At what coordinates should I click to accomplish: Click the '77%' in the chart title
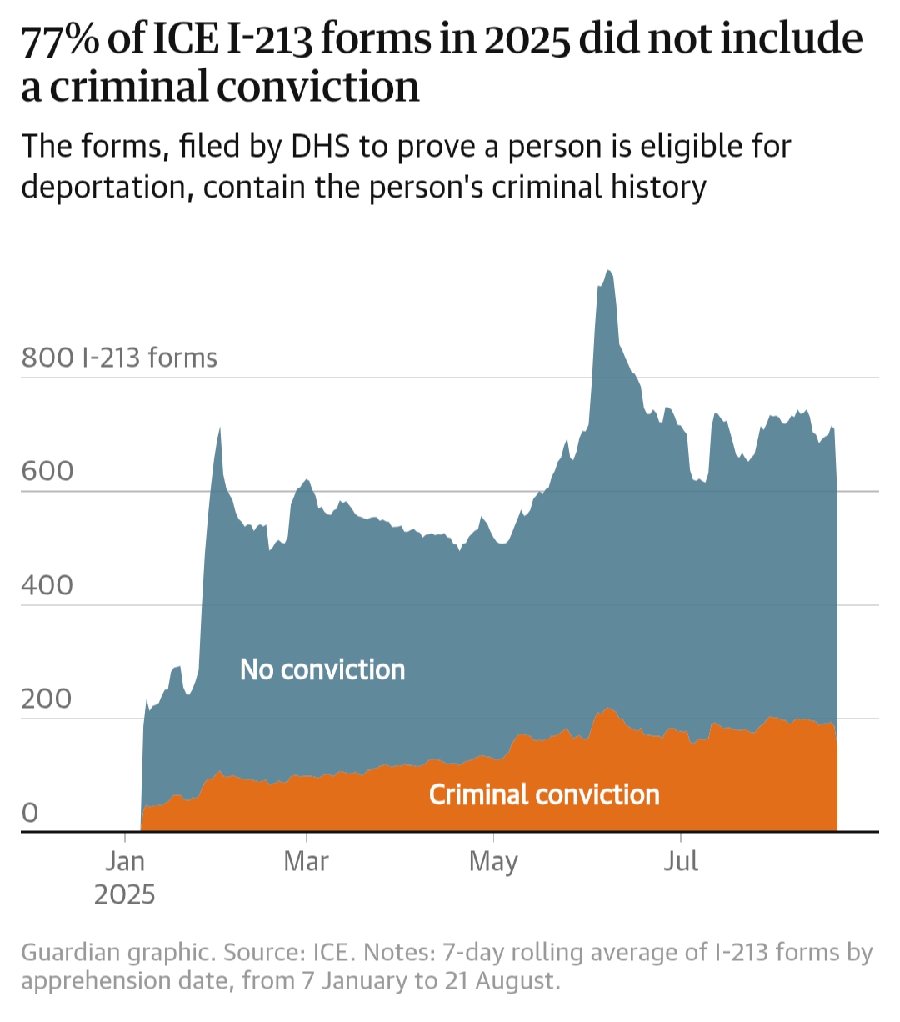click(58, 40)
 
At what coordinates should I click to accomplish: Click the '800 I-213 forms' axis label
click(119, 358)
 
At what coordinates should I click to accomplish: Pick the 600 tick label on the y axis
click(47, 471)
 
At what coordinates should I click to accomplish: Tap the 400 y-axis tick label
click(47, 584)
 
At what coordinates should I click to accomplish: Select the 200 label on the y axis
click(47, 699)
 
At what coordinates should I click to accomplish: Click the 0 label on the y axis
click(30, 812)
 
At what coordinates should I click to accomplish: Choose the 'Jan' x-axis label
click(125, 860)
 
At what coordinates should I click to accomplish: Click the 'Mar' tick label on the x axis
click(306, 860)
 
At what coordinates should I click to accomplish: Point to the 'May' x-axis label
click(493, 860)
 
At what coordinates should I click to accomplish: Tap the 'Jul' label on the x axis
click(681, 860)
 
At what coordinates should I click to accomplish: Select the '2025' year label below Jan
click(125, 894)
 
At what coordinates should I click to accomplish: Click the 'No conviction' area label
click(322, 669)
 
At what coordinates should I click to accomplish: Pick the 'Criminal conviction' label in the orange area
click(544, 794)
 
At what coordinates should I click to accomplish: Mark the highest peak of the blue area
click(608, 272)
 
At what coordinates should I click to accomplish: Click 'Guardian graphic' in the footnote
click(115, 952)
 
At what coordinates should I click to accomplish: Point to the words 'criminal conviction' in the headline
click(235, 87)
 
